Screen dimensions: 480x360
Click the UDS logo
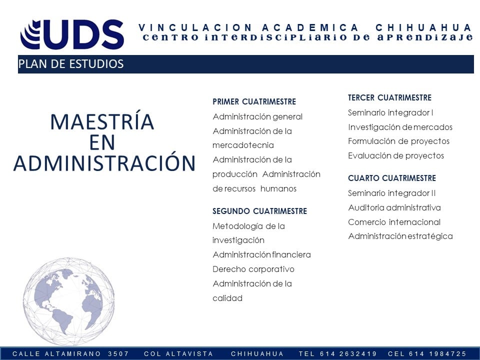coord(72,34)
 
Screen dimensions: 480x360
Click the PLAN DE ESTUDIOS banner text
coord(70,64)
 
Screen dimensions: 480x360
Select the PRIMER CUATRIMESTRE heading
coord(254,101)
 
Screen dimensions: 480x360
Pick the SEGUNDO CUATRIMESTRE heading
coord(259,211)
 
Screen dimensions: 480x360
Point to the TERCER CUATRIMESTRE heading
coord(389,97)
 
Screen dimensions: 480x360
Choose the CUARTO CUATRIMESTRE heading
coord(392,178)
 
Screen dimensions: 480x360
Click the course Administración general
coord(257,116)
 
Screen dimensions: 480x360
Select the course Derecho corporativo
coord(253,269)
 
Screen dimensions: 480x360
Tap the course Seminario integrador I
coord(390,112)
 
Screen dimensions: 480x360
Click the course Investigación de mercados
coord(400,127)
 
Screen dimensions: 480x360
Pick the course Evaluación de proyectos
coord(396,155)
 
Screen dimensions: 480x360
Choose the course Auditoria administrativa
coord(394,207)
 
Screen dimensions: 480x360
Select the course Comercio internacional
coord(394,222)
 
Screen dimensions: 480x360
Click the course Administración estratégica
coord(400,236)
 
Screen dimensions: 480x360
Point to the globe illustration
coord(68,301)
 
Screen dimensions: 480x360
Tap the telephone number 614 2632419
coord(348,354)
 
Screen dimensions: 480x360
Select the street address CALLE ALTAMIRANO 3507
coord(70,354)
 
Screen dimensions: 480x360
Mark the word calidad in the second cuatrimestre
coord(227,298)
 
